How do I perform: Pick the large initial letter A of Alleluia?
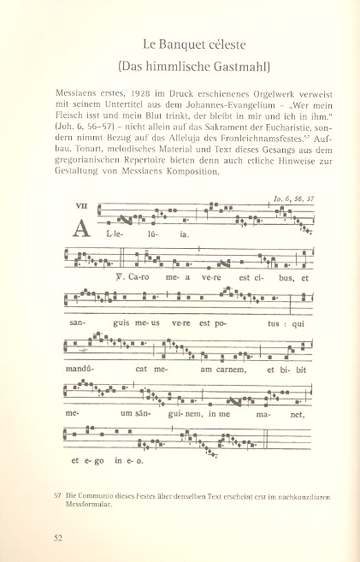[82, 229]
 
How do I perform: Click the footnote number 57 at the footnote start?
[57, 494]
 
